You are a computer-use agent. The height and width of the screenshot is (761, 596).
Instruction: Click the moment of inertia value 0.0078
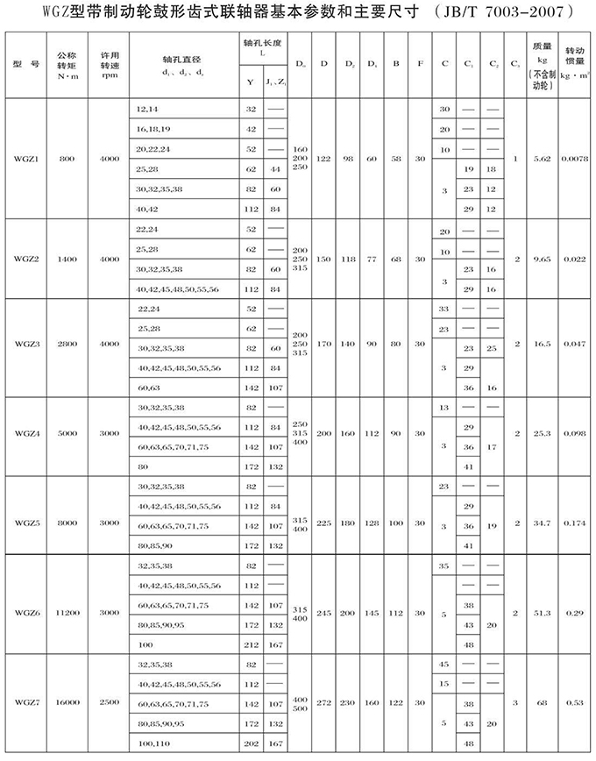[574, 160]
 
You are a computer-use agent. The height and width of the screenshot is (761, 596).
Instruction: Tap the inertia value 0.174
[574, 523]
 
